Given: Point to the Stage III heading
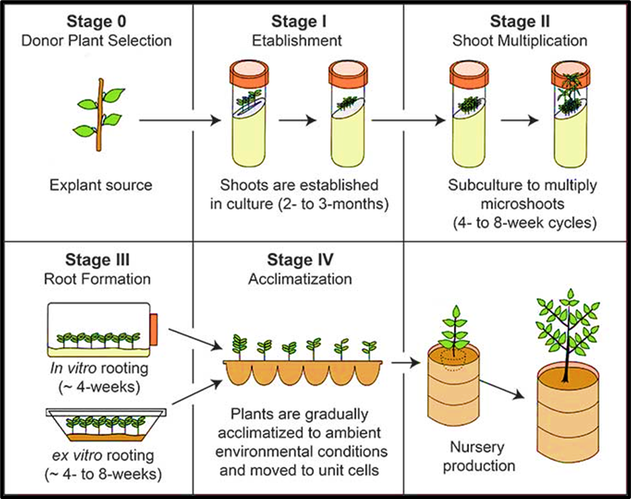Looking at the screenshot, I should tap(98, 260).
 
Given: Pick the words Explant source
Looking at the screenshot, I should tap(101, 185).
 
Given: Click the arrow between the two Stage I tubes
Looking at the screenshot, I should tap(297, 120).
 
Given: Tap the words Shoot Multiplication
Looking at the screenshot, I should tap(519, 41).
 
